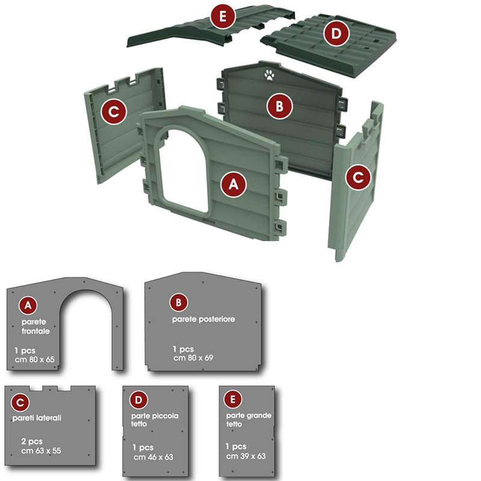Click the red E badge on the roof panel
[223, 16]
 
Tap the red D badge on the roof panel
[337, 33]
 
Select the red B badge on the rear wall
[280, 106]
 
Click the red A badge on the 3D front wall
[233, 184]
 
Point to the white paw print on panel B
[269, 75]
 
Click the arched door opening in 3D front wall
[183, 172]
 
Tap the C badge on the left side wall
[114, 111]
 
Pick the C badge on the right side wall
[358, 177]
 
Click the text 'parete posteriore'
[203, 319]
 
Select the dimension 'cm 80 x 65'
[35, 359]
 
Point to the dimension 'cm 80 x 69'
[193, 358]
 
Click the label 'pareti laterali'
[37, 418]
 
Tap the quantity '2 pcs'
[32, 441]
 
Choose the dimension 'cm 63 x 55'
[41, 450]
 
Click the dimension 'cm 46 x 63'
[153, 457]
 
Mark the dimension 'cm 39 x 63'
[246, 456]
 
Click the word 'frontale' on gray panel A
[35, 331]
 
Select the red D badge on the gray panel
[139, 400]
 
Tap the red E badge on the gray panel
[233, 399]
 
